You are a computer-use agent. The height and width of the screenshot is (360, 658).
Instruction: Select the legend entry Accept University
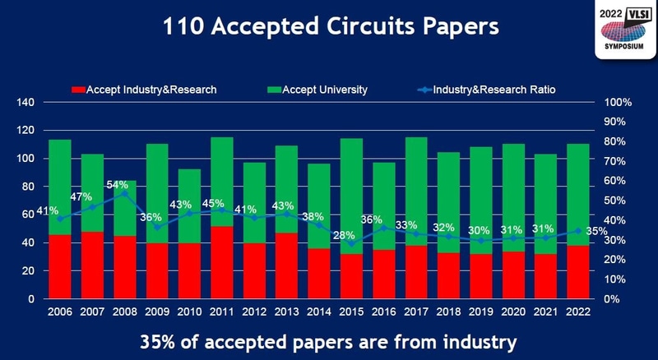pyautogui.click(x=324, y=89)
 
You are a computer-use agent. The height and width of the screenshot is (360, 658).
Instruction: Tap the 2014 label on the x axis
pyautogui.click(x=319, y=313)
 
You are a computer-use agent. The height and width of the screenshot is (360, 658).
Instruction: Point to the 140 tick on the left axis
pyautogui.click(x=25, y=103)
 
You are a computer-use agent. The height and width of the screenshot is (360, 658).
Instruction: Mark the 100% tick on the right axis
pyautogui.click(x=617, y=103)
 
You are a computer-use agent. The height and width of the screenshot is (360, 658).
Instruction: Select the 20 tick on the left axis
pyautogui.click(x=27, y=271)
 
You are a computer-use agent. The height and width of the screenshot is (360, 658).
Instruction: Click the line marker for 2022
pyautogui.click(x=578, y=231)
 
